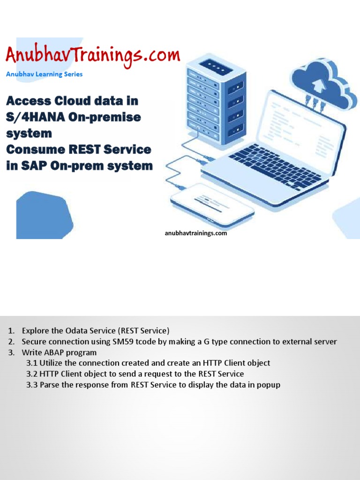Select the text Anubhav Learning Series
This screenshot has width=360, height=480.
click(44, 74)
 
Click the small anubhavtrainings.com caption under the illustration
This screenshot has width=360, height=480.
click(196, 233)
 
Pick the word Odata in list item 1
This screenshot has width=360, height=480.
click(73, 331)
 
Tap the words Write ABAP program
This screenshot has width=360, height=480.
click(59, 352)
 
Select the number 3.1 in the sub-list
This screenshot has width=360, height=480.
click(32, 363)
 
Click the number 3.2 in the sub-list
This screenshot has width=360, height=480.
click(32, 374)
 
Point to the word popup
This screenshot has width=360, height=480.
click(269, 385)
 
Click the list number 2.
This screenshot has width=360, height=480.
click(11, 342)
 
